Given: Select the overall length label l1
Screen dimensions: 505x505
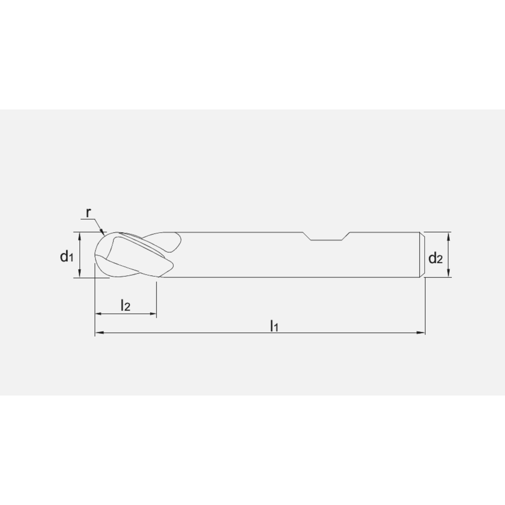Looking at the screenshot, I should pos(274,325).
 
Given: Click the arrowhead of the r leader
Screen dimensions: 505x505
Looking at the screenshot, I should pos(103,233).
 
